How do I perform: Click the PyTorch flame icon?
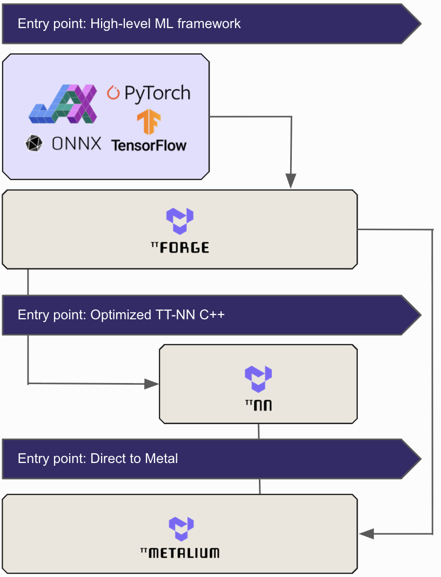113,93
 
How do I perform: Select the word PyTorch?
157,93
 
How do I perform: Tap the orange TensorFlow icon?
149,122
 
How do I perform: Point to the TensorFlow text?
149,145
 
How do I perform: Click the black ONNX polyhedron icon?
34,143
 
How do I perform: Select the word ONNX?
76,143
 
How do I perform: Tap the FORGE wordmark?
184,247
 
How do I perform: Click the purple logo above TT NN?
258,379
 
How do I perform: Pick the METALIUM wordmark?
184,553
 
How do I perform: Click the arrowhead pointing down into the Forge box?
291,182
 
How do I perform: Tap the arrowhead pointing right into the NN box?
152,384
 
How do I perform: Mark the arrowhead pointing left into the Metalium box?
367,534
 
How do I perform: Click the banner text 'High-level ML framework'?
165,24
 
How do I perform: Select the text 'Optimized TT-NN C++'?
157,315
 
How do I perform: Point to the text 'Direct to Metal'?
134,459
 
